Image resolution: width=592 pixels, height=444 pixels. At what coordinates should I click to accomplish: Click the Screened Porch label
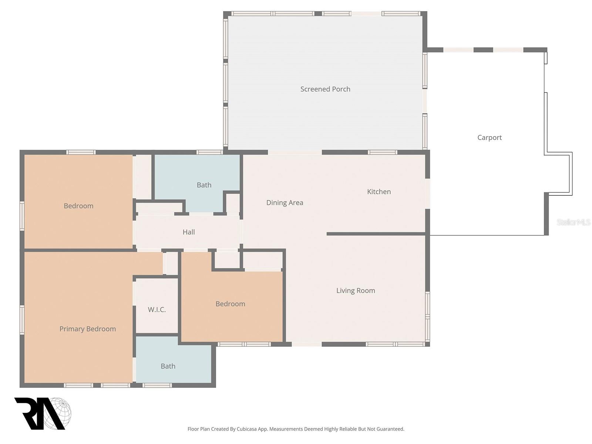click(325, 89)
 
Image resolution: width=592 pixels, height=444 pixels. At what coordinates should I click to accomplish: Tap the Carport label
click(489, 138)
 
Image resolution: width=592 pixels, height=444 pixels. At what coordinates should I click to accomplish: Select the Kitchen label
click(379, 192)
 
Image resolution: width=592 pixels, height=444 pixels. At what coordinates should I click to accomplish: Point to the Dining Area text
click(285, 203)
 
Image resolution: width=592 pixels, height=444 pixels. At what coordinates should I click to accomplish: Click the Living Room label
click(355, 291)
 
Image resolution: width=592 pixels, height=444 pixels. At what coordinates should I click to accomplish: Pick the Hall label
click(188, 232)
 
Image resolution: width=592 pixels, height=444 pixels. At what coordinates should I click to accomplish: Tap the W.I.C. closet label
click(157, 310)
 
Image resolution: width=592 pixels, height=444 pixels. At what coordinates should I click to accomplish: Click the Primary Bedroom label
click(87, 329)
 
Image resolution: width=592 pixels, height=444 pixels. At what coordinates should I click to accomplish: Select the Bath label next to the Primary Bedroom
click(168, 366)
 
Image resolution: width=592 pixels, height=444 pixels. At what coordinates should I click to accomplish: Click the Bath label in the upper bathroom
click(204, 185)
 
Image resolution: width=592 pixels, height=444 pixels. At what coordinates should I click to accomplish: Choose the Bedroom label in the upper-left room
click(78, 206)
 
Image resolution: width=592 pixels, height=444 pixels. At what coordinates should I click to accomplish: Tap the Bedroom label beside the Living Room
click(230, 304)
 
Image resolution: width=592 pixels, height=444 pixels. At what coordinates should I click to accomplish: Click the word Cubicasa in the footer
click(248, 429)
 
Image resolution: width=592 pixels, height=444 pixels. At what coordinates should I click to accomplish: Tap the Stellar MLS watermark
click(573, 222)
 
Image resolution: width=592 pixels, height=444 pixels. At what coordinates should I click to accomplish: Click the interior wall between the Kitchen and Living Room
click(376, 234)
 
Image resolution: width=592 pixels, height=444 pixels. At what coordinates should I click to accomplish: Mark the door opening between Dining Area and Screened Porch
click(295, 152)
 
